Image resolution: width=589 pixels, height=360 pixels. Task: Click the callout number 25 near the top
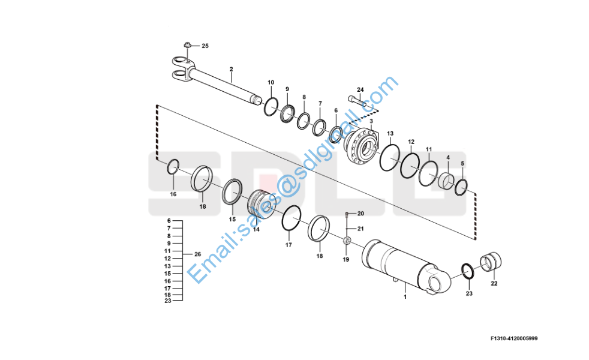(x=205, y=46)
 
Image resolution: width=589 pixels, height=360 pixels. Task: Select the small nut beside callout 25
(x=188, y=45)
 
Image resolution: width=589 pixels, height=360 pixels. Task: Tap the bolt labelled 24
(x=357, y=101)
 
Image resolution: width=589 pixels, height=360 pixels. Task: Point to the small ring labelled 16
(x=173, y=166)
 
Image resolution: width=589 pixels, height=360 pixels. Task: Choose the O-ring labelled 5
(x=461, y=187)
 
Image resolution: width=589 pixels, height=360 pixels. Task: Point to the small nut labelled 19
(x=347, y=240)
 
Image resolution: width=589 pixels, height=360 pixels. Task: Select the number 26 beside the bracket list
(x=197, y=254)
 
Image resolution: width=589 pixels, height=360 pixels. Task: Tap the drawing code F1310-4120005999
(x=514, y=338)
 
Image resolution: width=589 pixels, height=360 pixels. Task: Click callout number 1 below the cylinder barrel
(x=405, y=297)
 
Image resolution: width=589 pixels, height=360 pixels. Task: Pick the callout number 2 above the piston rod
(x=232, y=69)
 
